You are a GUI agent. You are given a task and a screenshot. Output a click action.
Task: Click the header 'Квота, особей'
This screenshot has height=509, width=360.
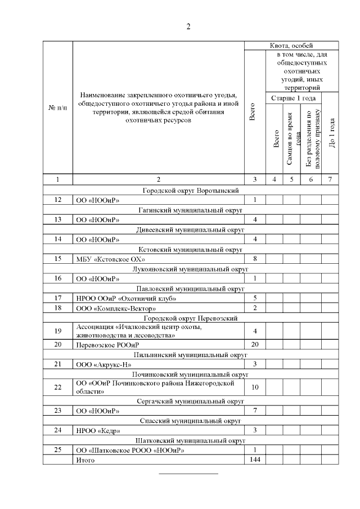291,45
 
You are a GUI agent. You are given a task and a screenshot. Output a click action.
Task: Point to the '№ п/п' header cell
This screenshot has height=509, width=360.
58,107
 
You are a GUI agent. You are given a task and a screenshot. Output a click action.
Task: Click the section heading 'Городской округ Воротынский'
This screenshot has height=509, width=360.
191,190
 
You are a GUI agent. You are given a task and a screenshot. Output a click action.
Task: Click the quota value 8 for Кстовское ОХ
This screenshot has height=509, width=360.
255,259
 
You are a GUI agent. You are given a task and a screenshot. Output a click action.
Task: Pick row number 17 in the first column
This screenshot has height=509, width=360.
58,298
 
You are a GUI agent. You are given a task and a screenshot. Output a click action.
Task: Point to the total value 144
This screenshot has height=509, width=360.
255,460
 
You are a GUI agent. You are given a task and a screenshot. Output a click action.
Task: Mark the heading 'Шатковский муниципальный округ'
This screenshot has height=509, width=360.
191,440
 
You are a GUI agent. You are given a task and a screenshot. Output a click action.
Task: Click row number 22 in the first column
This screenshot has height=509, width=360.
58,387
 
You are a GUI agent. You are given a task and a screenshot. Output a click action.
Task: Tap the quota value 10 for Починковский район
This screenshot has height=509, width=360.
255,387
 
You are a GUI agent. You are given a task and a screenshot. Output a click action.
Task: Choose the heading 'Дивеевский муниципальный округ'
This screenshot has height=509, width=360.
191,229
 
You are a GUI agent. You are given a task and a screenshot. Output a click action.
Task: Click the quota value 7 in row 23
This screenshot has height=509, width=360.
255,411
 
